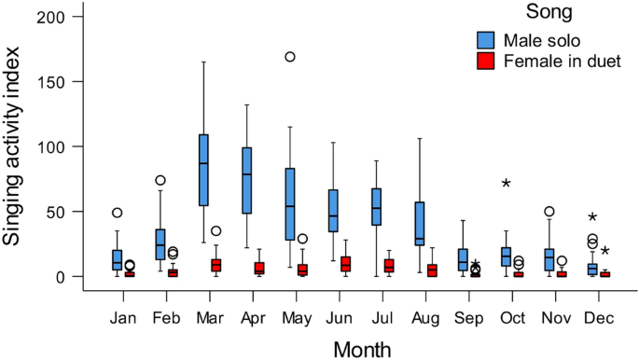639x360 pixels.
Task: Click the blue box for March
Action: tap(203, 170)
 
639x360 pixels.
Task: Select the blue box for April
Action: tap(247, 180)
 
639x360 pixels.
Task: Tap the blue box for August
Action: tap(419, 224)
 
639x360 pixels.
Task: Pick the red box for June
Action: tap(345, 264)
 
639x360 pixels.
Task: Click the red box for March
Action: tap(215, 266)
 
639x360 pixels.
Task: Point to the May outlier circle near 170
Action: tap(290, 57)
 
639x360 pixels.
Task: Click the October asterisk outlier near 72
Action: tap(506, 183)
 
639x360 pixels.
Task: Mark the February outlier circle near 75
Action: tap(160, 180)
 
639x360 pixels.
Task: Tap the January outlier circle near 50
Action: tap(118, 213)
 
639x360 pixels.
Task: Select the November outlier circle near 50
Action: tap(549, 212)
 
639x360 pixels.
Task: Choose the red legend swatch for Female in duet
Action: tap(485, 62)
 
